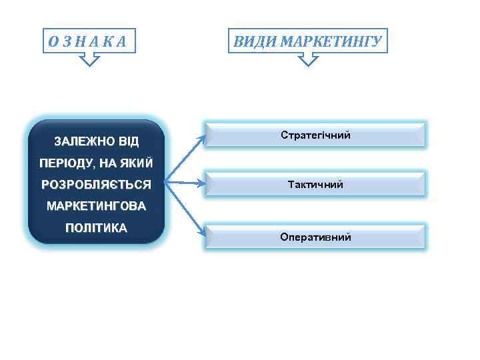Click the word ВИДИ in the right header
point(255,42)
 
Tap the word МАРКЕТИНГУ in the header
point(331,42)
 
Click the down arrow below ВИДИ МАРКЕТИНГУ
point(307,61)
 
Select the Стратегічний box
point(315,135)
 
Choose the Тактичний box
point(315,184)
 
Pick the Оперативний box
point(315,237)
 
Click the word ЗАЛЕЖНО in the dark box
point(83,142)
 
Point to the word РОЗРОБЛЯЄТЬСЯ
point(95,184)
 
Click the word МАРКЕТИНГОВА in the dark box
point(95,206)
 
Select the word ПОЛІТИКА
point(95,228)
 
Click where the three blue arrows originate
point(165,180)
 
